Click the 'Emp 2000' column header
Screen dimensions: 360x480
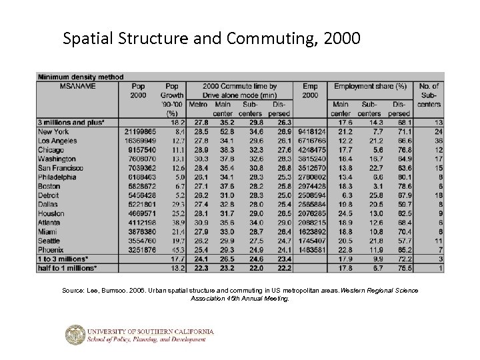(x=310, y=91)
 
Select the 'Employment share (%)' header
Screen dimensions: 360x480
(x=371, y=86)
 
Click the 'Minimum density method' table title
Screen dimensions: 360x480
(x=81, y=77)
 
